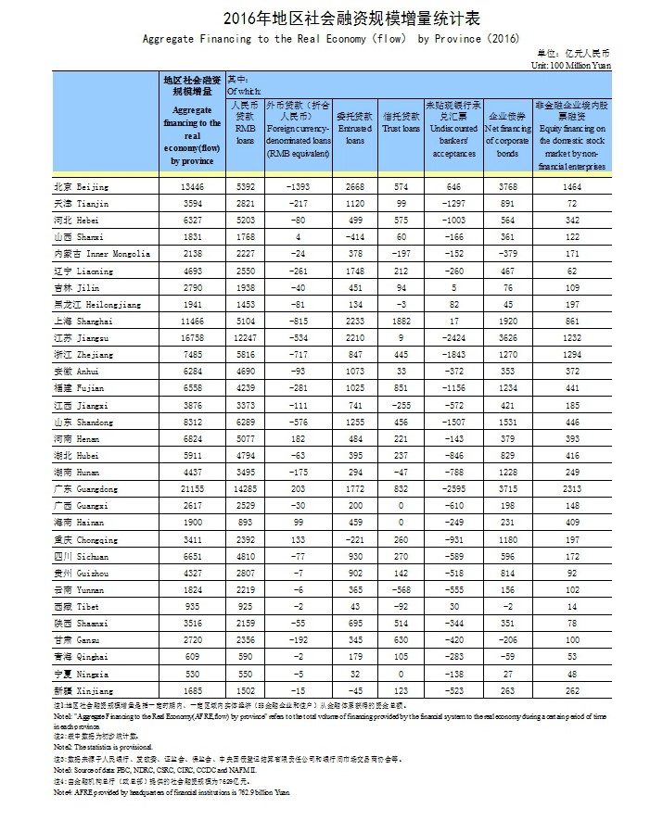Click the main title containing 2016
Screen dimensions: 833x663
tap(331, 18)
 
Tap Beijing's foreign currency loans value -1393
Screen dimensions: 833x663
tap(298, 187)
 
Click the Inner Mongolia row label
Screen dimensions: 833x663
tap(101, 255)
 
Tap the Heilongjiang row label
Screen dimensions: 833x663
tap(96, 305)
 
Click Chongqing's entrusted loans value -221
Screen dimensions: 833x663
tap(355, 539)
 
